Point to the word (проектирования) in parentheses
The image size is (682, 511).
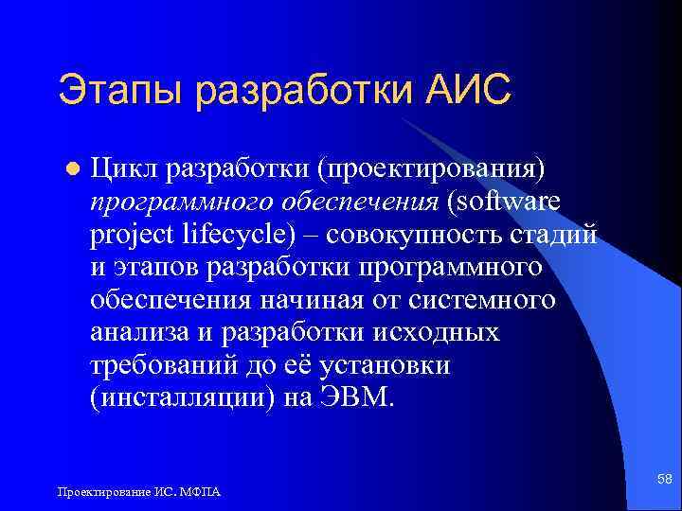click(x=431, y=167)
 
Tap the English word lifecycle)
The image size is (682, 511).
click(x=242, y=234)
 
